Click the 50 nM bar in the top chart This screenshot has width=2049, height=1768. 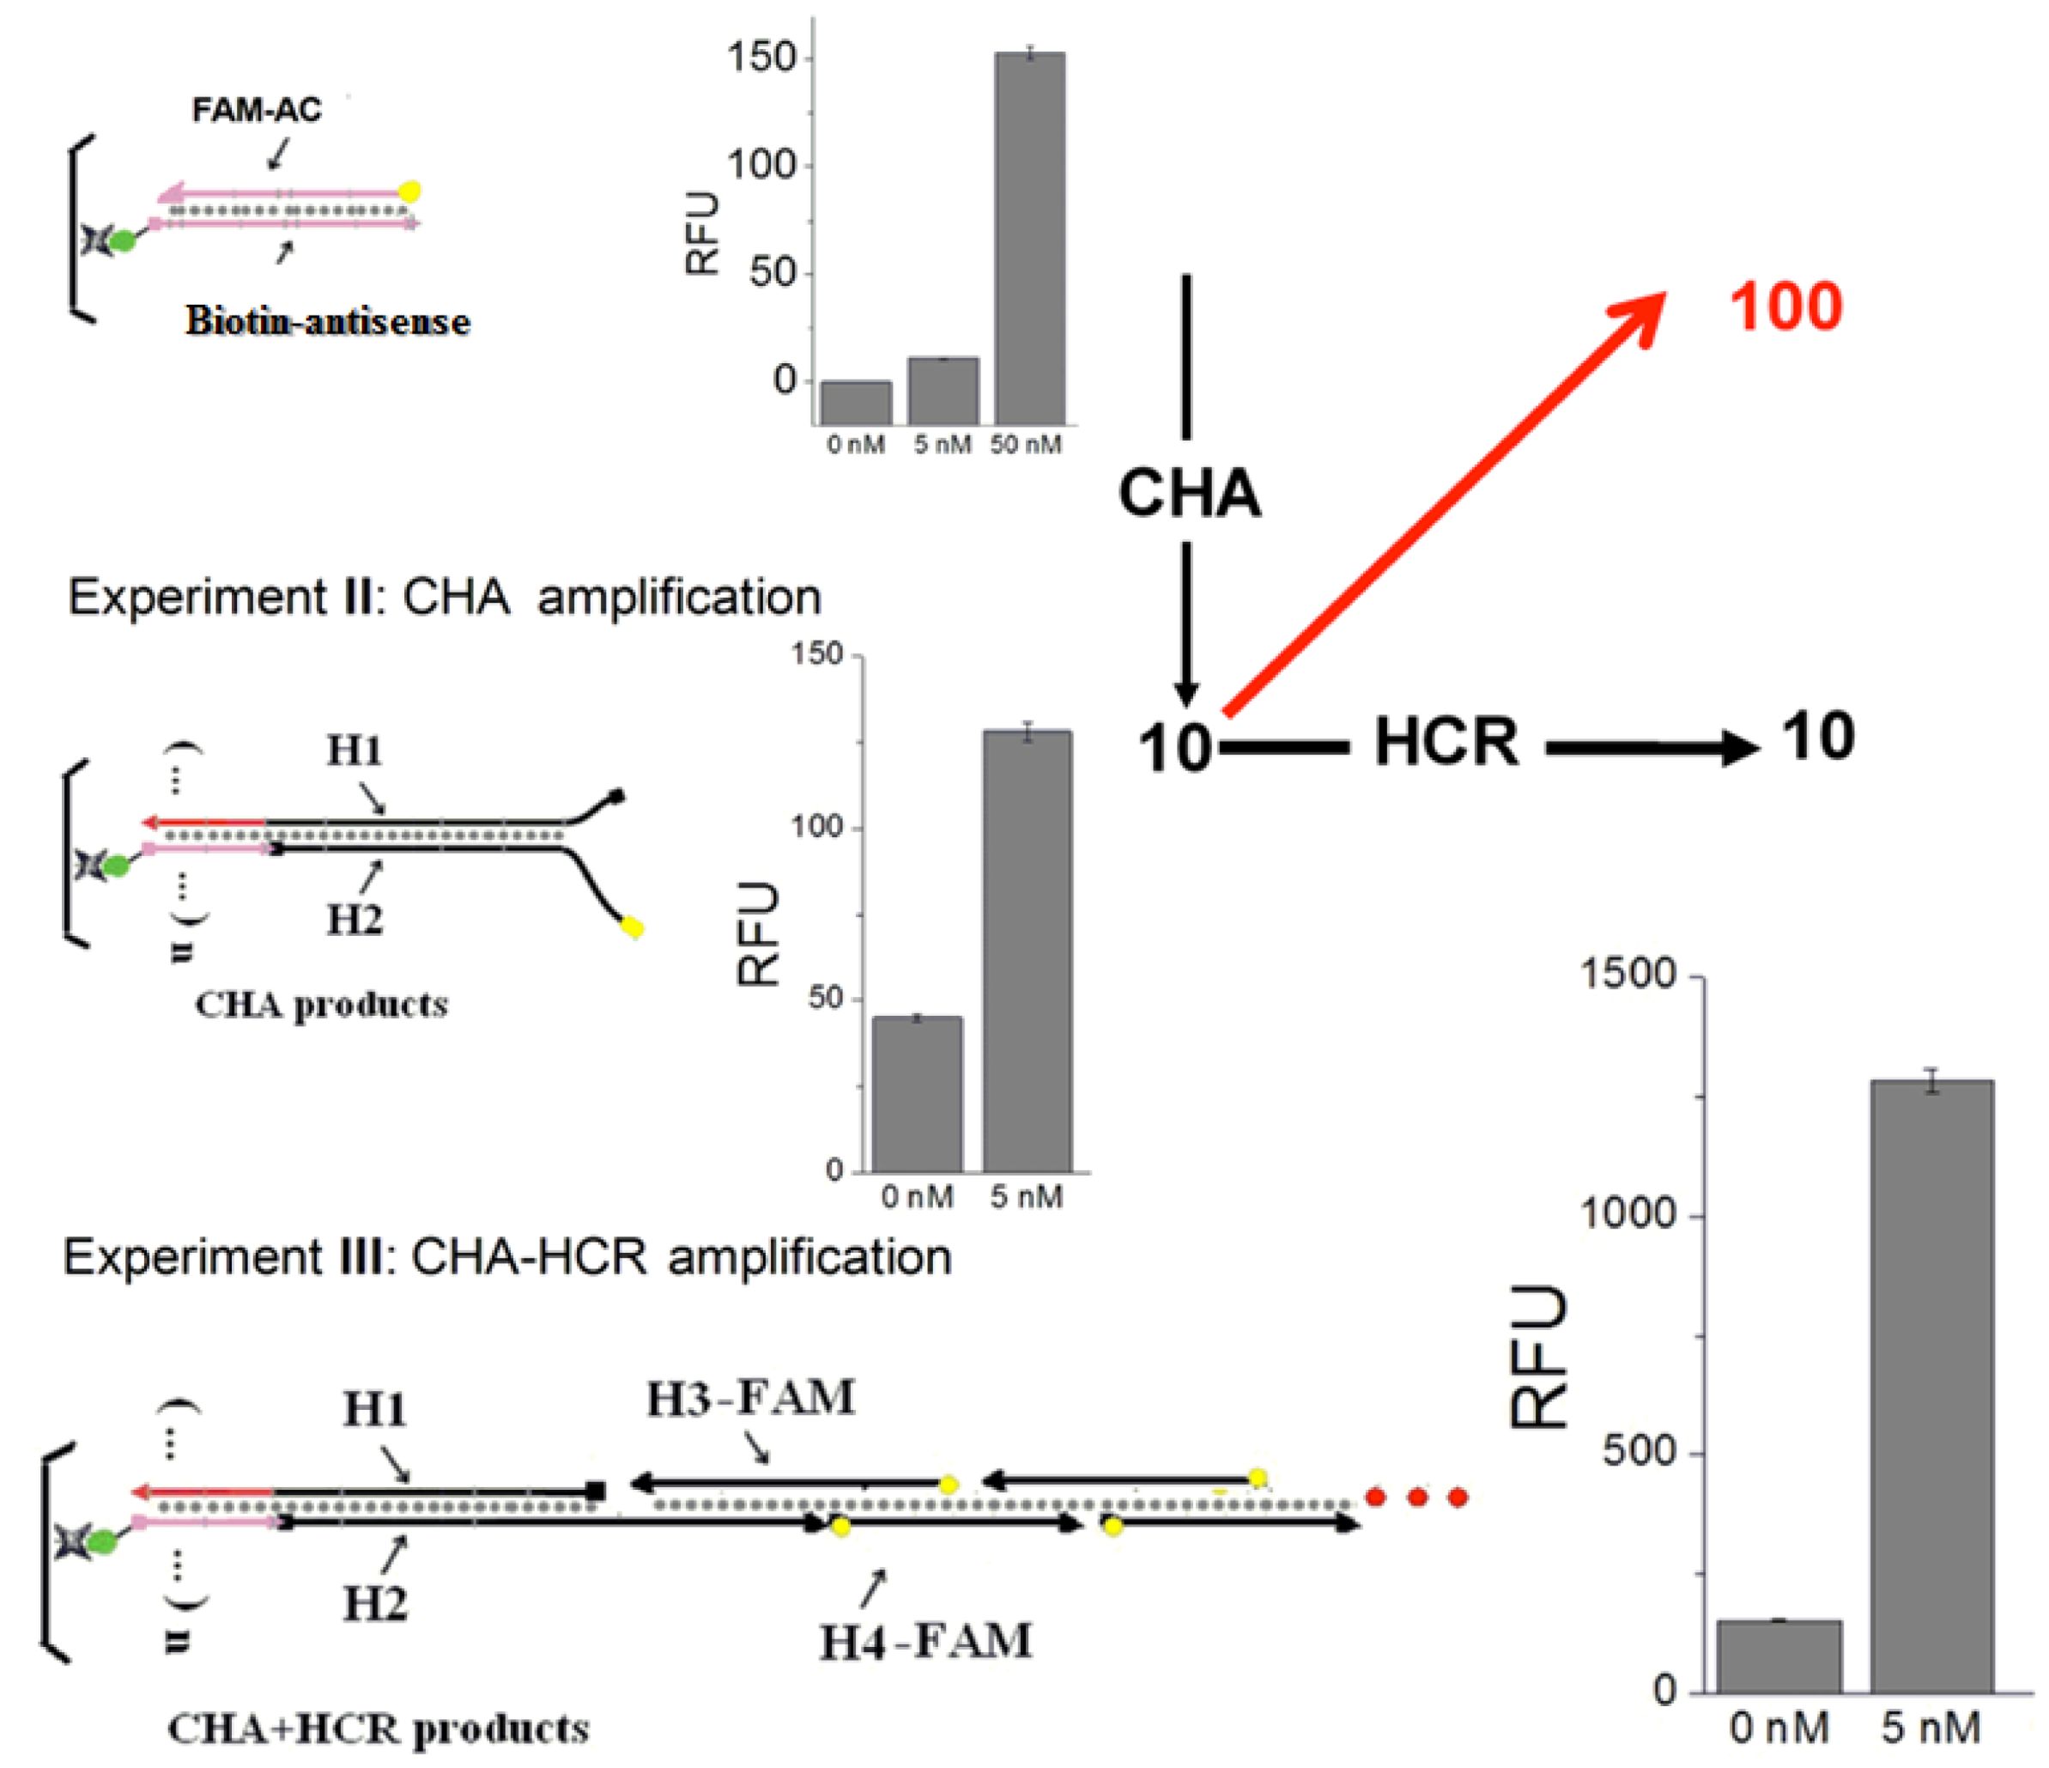tap(1029, 238)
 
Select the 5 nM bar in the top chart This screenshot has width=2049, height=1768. tap(943, 391)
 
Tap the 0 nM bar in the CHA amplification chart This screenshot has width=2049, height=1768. tap(917, 1093)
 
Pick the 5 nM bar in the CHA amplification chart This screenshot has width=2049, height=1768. tap(1028, 950)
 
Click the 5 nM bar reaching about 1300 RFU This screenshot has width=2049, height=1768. tap(1931, 1385)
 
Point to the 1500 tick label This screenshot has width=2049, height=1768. tap(1628, 975)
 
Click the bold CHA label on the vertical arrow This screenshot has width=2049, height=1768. tap(1190, 492)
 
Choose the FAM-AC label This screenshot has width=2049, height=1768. tap(256, 109)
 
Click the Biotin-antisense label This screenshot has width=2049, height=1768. tap(327, 320)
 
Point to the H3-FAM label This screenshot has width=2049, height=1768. tap(750, 1398)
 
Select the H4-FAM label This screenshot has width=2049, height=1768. tap(925, 1642)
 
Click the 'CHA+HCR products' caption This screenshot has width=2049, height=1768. tap(378, 1729)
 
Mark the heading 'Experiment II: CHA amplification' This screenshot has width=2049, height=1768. tap(444, 597)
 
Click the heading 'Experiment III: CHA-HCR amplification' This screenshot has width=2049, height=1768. tap(507, 1257)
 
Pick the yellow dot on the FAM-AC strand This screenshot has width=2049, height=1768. tap(409, 191)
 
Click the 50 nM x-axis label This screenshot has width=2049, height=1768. tap(1026, 445)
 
